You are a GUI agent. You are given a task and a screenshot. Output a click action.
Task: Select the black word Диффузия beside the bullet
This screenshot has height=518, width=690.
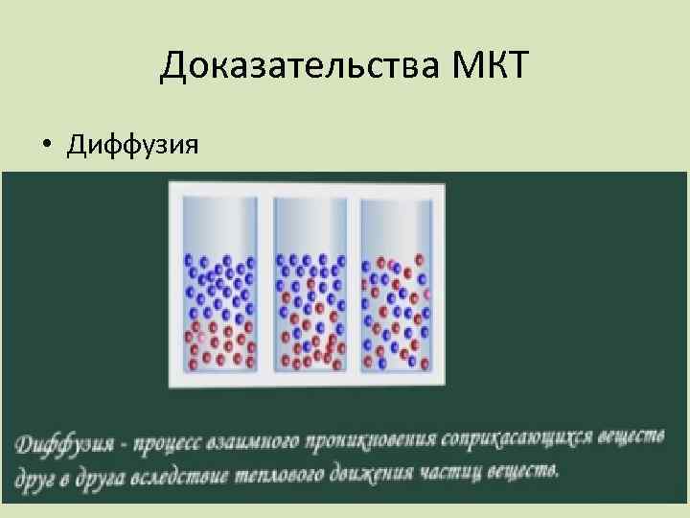(132, 146)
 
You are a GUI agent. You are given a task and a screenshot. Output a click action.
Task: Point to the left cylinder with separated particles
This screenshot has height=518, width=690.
(221, 285)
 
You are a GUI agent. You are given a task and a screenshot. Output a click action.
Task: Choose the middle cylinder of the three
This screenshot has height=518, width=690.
(311, 285)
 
